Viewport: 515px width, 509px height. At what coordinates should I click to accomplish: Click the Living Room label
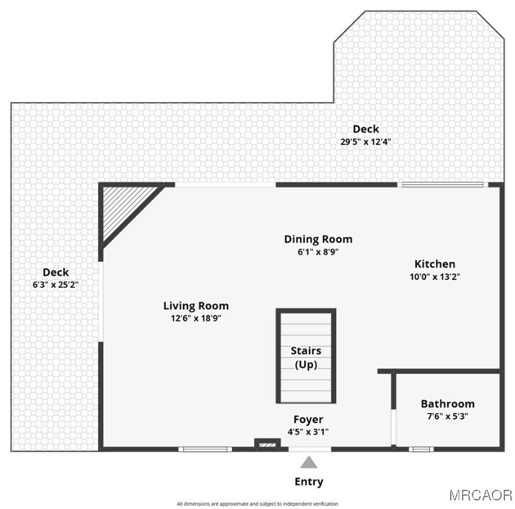[x=196, y=306]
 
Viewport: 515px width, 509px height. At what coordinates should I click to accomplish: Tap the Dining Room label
[x=318, y=239]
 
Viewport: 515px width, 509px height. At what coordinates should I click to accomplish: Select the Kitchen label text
[x=435, y=264]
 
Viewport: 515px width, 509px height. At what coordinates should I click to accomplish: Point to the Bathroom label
[x=447, y=404]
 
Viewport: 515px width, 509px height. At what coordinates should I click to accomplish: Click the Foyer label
[x=308, y=420]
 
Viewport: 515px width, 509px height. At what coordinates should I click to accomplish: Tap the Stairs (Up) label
[x=306, y=357]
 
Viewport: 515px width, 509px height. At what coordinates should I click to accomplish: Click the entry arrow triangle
[x=308, y=463]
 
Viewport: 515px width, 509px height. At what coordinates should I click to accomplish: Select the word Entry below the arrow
[x=308, y=482]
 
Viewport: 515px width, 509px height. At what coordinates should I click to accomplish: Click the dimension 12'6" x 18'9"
[x=196, y=318]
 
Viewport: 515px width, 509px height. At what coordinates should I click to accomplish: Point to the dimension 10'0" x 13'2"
[x=435, y=277]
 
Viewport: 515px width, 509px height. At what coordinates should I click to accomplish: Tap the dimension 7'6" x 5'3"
[x=447, y=417]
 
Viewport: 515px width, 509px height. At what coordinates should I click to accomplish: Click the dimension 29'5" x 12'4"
[x=365, y=141]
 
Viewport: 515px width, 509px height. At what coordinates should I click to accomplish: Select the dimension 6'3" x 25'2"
[x=56, y=284]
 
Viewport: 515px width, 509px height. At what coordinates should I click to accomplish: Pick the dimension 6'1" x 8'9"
[x=318, y=252]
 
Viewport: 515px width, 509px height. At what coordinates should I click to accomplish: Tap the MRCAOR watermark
[x=481, y=494]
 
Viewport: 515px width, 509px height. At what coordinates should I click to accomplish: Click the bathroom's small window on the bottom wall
[x=420, y=449]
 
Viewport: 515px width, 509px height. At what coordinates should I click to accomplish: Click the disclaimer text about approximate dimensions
[x=257, y=504]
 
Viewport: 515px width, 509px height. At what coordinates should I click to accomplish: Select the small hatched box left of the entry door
[x=265, y=444]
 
